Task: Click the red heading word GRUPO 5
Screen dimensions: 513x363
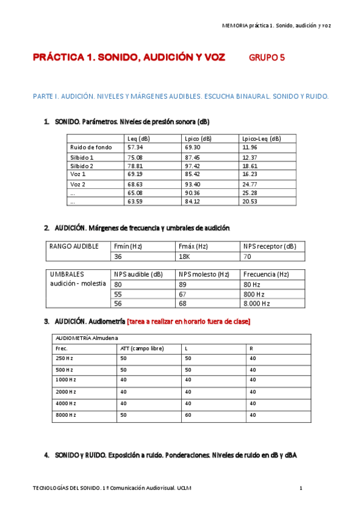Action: point(267,58)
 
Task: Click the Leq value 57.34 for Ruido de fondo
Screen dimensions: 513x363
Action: point(135,147)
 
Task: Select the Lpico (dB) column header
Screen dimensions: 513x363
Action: point(198,139)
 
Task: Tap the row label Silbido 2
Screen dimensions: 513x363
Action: point(82,166)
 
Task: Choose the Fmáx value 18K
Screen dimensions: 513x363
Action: point(185,256)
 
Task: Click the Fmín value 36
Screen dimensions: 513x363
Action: point(118,256)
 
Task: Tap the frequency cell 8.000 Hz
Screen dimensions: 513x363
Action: point(256,303)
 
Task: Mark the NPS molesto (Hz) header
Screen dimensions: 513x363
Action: point(204,274)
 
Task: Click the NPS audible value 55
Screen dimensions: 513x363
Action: point(118,294)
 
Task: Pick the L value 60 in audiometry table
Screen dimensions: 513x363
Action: point(188,415)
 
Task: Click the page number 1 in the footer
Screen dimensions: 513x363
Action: point(301,488)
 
